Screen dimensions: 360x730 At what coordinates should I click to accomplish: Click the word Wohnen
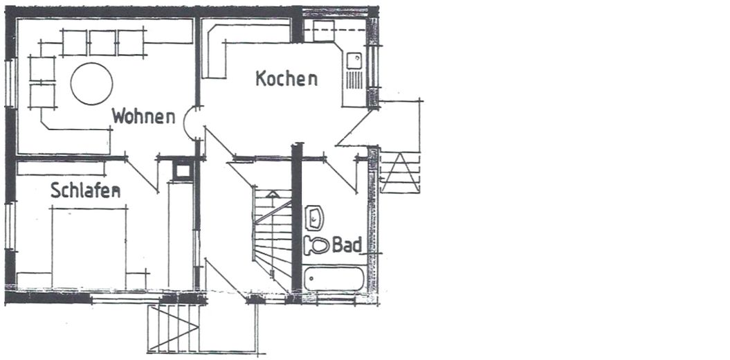point(143,116)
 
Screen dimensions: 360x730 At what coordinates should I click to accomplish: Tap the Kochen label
point(286,78)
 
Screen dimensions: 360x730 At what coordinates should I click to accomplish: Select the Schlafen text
point(85,190)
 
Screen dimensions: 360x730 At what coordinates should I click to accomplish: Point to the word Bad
point(347,245)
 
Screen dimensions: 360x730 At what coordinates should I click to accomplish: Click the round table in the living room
point(91,84)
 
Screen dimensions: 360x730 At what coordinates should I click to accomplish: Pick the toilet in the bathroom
point(318,245)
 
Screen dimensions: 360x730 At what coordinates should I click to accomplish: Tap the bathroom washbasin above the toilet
point(315,217)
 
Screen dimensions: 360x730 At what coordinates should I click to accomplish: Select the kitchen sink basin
point(355,60)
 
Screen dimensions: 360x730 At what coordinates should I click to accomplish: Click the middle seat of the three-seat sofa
point(102,43)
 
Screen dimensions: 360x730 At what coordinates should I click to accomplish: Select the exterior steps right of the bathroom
point(401,172)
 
